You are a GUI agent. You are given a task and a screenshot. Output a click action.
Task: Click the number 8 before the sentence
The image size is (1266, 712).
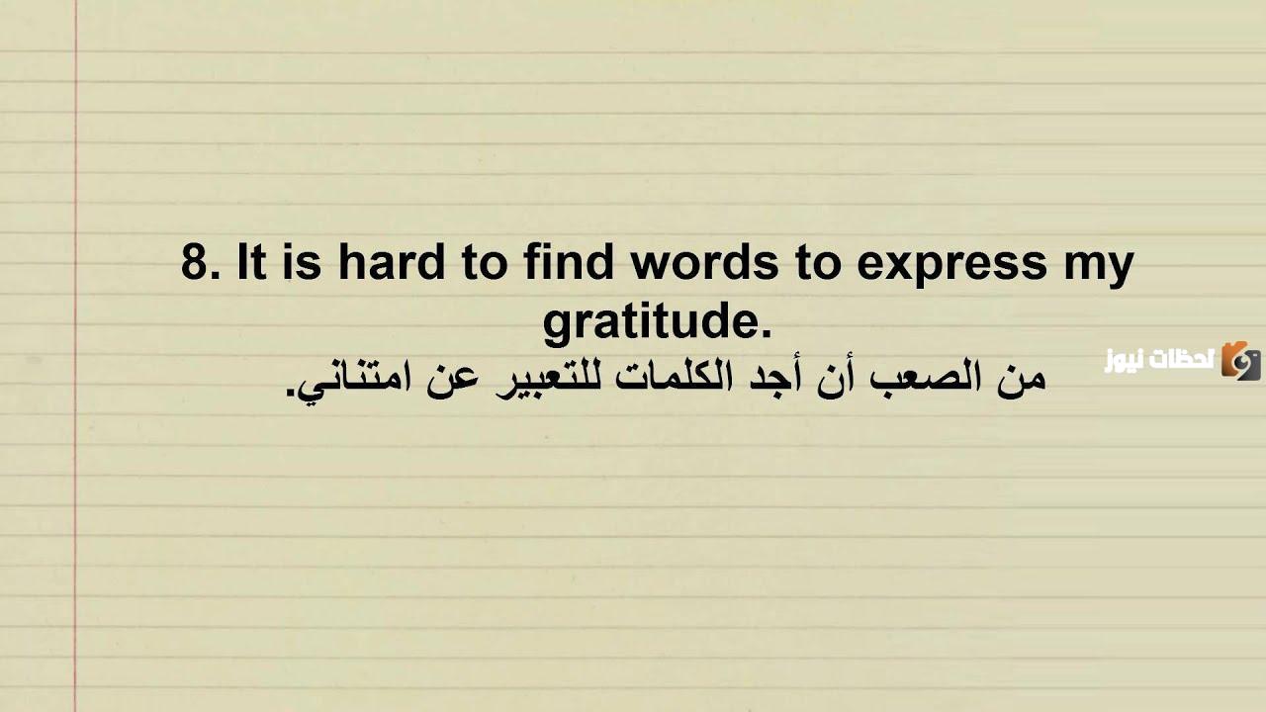point(199,264)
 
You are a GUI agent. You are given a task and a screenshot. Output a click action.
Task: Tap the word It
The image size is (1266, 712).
point(252,264)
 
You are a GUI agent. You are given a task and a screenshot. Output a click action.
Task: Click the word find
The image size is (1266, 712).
point(568,264)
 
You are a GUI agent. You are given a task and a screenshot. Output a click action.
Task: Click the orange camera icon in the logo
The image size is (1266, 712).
point(1240,361)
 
